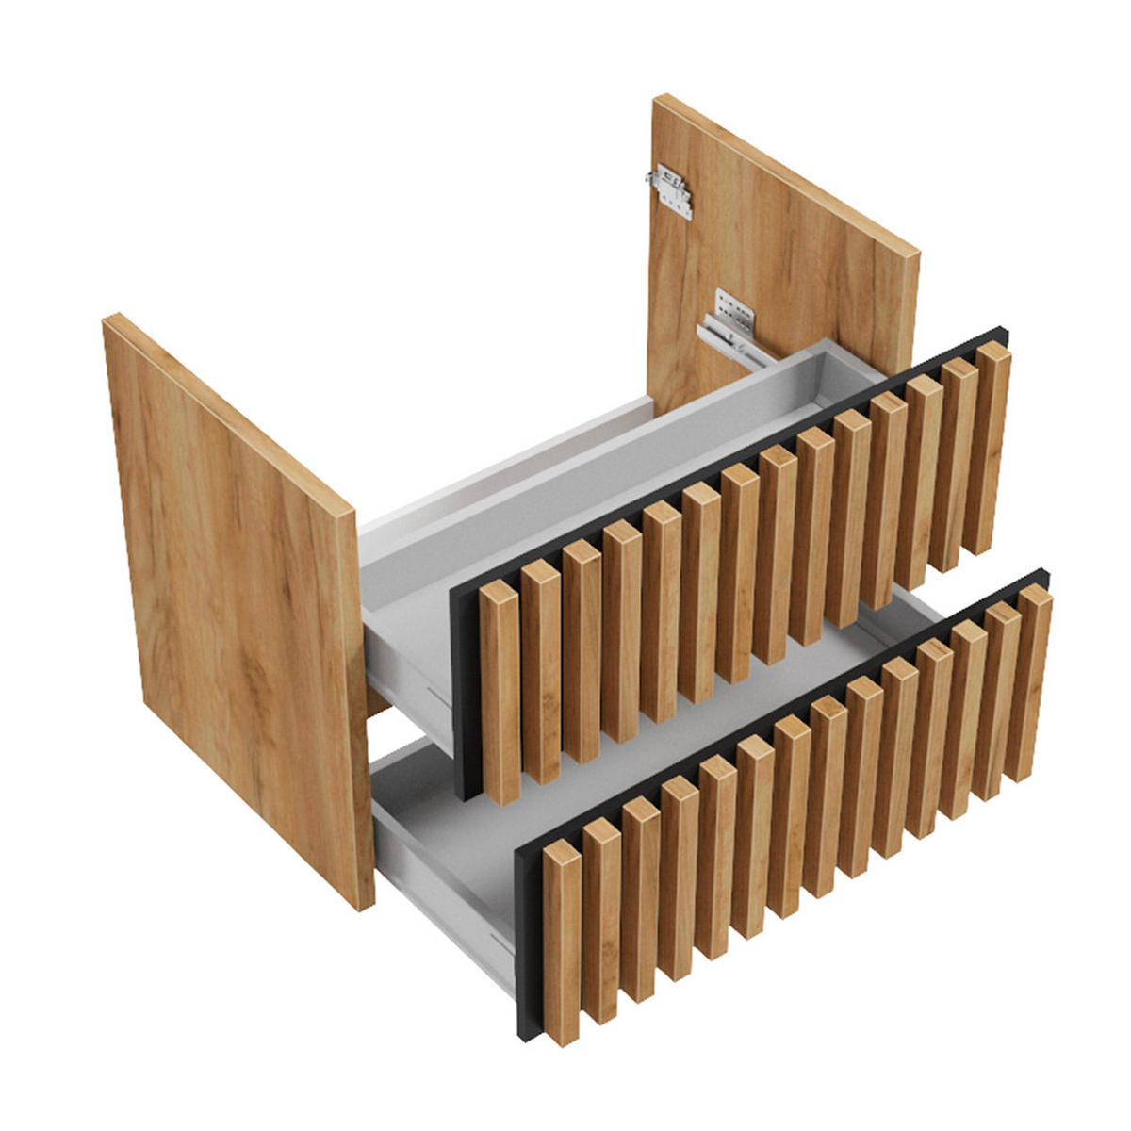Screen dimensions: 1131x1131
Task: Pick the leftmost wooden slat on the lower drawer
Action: (x=562, y=942)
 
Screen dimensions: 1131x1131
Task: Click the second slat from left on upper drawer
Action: (x=541, y=674)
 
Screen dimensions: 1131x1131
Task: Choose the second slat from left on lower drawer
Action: (x=600, y=919)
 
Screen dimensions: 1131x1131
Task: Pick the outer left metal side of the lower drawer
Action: (x=443, y=886)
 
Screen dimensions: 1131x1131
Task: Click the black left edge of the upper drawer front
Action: (x=462, y=697)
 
